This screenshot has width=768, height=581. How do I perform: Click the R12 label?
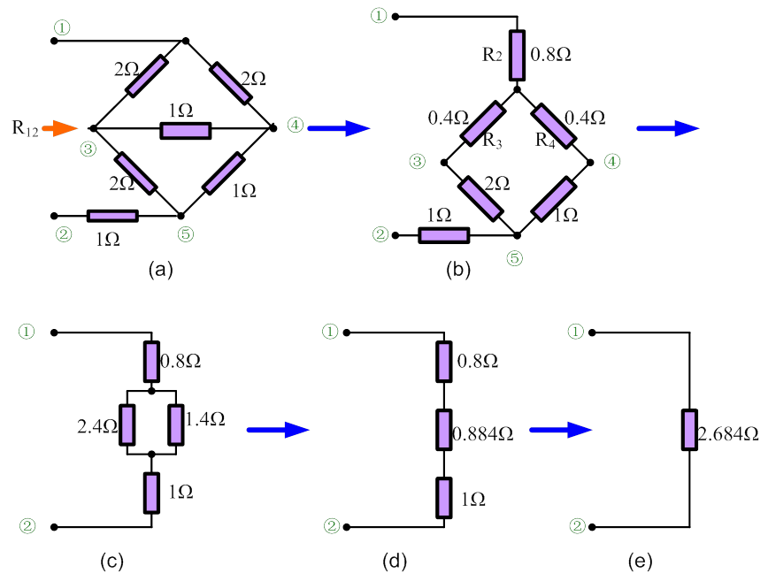pos(25,127)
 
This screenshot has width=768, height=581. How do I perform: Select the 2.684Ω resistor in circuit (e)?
pos(687,429)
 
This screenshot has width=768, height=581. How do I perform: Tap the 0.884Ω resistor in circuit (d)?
pos(443,429)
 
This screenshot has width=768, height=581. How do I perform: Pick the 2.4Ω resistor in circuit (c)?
pos(127,424)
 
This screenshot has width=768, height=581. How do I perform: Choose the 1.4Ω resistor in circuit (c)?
pos(176,424)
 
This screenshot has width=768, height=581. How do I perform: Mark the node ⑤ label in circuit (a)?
pos(185,234)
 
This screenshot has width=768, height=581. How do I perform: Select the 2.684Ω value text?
pos(728,434)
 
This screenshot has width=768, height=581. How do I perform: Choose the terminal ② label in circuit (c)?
pos(27,525)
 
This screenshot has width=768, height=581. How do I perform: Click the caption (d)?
pos(394,561)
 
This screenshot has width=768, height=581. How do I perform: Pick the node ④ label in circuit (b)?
pos(612,161)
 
